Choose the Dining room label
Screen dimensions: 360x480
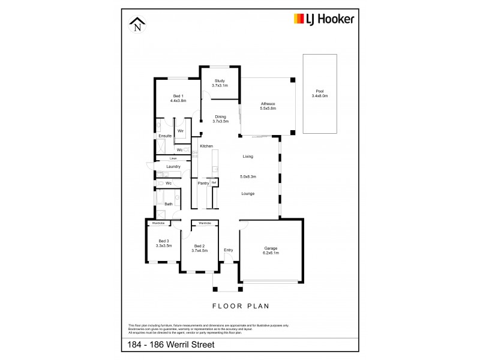pos(220,119)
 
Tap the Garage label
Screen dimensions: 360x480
pos(271,250)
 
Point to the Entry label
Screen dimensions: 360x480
pos(229,250)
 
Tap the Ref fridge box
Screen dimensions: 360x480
pos(213,182)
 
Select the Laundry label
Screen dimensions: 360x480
pos(165,167)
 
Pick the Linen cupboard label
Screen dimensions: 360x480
pos(172,158)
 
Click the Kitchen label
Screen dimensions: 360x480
pos(206,146)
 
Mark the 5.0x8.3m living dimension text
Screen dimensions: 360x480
pos(248,176)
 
